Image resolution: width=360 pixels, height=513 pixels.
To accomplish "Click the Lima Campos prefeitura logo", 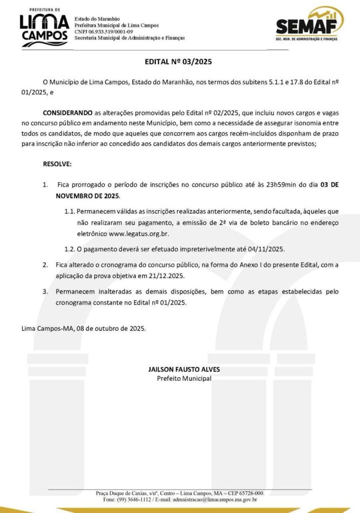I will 44,27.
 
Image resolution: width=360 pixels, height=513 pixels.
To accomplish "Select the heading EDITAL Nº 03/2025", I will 178,63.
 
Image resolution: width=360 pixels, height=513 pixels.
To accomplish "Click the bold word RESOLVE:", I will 57,164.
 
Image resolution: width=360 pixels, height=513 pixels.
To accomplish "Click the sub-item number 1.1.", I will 70,211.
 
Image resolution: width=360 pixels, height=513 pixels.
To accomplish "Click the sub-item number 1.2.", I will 70,248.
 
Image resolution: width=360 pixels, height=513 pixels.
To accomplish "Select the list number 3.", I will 45,291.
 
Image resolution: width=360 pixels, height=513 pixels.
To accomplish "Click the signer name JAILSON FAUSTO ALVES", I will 184,369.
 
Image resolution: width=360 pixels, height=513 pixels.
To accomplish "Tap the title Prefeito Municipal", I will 184,378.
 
